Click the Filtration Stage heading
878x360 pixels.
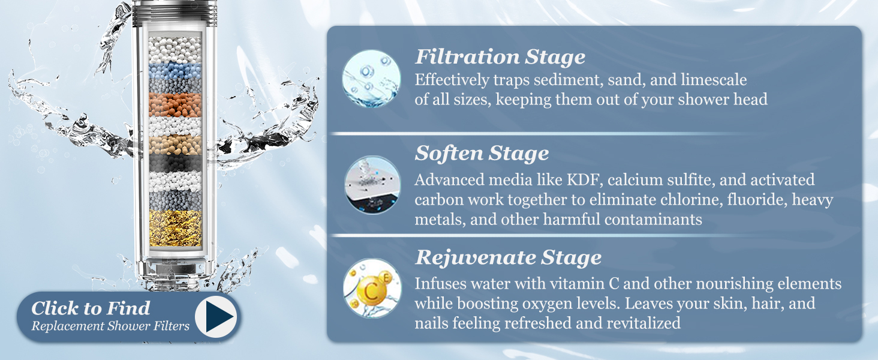click(500, 58)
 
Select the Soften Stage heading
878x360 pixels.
click(482, 154)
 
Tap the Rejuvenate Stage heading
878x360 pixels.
click(508, 257)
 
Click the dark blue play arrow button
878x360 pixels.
click(215, 316)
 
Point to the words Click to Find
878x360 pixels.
click(91, 308)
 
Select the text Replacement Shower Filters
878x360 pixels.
click(110, 326)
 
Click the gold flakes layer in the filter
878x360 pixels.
click(175, 227)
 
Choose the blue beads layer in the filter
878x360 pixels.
click(175, 71)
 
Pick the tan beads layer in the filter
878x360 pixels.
click(175, 144)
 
